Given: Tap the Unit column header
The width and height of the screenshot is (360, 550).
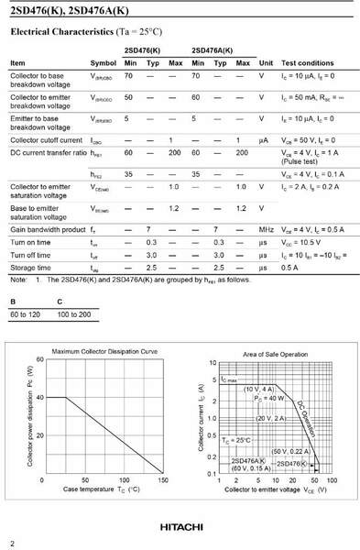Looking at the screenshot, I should point(267,63).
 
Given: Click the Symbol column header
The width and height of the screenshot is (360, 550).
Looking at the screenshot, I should point(104,63).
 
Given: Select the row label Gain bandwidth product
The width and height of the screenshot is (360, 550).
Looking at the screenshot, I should point(48,228).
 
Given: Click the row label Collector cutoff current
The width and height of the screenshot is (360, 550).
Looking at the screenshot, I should point(48,139).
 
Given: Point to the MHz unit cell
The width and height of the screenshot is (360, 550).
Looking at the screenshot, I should point(267,228).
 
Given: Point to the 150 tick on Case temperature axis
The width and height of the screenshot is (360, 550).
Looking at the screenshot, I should point(162,479).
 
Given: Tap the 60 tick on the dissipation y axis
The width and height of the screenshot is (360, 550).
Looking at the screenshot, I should point(38,359).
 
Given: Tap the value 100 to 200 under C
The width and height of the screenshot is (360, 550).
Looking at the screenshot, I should point(74,314).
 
